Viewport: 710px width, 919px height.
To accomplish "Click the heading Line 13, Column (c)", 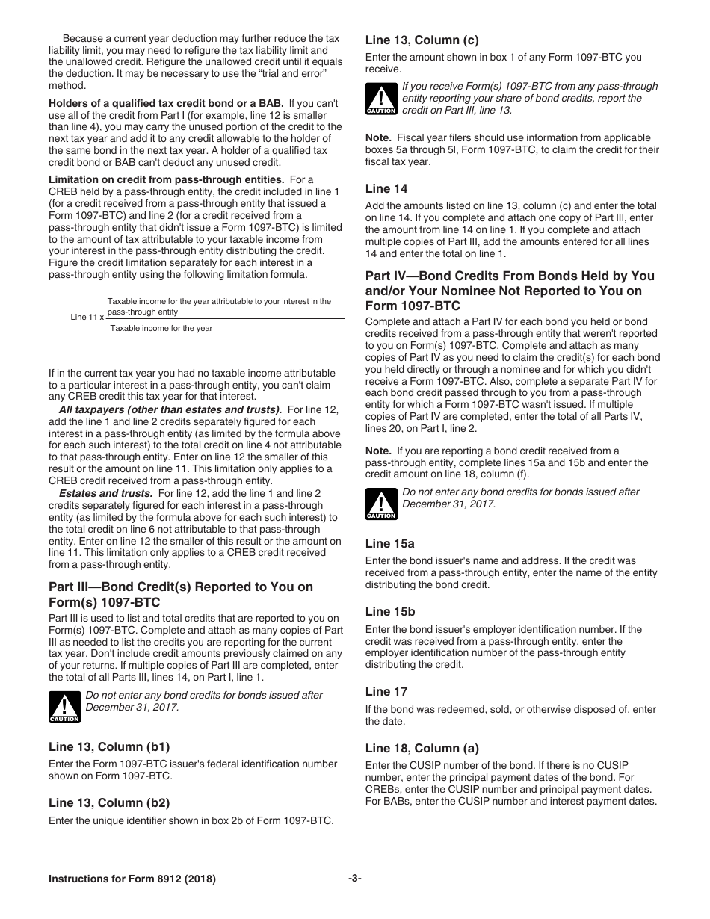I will coord(422,40).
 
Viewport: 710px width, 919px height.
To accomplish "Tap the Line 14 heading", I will coord(386,189).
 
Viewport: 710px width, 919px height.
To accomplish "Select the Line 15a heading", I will coord(389,544).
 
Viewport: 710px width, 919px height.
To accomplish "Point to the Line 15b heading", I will coord(389,612).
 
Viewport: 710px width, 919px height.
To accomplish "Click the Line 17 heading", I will coord(386,692).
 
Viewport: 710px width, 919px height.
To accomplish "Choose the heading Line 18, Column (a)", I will coord(422,749).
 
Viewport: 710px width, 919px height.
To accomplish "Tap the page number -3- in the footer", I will coord(354,879).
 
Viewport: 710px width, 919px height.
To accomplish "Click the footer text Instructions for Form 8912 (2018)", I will coord(132,879).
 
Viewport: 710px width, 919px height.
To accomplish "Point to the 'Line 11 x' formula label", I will coord(87,317).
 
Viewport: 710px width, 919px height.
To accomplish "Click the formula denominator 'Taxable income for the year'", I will coord(161,328).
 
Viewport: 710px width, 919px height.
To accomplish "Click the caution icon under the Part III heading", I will coord(64,707).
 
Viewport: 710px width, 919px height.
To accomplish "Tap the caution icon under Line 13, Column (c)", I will coord(381,99).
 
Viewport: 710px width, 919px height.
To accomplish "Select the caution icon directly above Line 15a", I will coord(381,504).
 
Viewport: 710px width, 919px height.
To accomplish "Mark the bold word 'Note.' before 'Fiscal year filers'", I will coord(378,138).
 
